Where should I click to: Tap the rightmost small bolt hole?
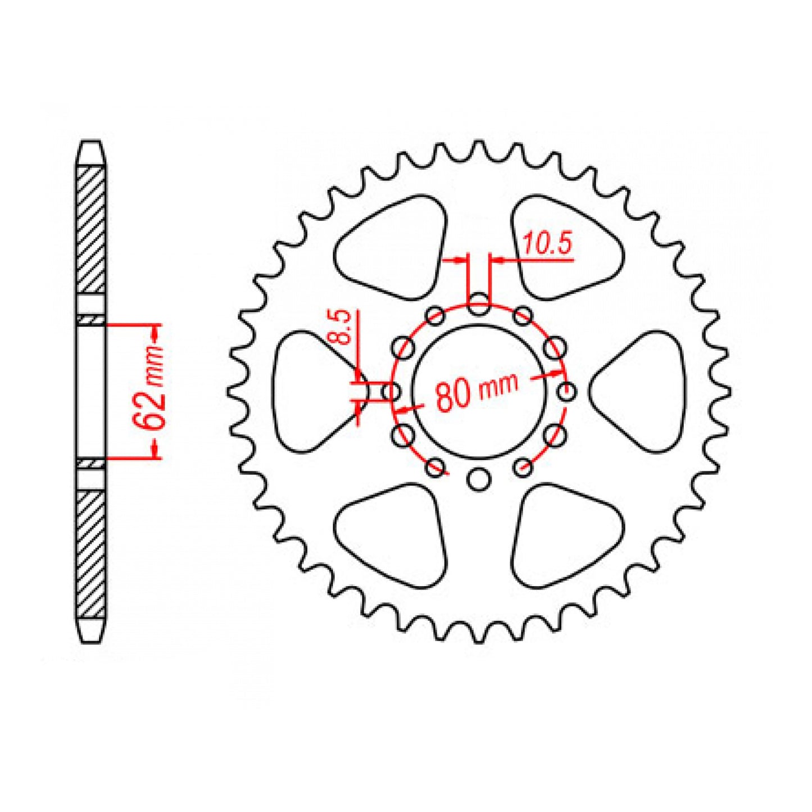(568, 391)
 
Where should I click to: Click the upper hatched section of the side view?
(91, 230)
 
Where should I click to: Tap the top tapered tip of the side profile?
(91, 152)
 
